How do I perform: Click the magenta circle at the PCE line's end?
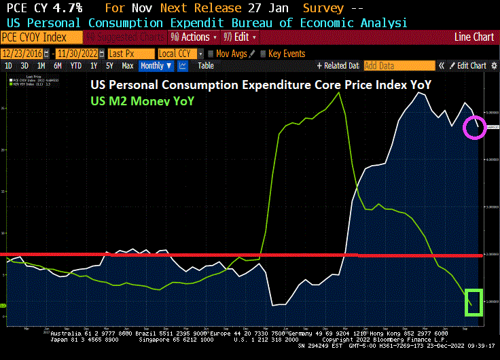pos(474,127)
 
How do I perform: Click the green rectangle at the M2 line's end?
pos(474,302)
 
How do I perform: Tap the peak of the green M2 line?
pos(339,92)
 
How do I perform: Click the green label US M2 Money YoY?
pos(142,101)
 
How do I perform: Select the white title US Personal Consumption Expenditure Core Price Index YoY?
pos(261,85)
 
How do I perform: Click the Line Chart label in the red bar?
pos(474,37)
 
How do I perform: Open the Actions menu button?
pos(193,37)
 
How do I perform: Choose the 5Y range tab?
pos(109,66)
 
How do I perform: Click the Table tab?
pos(205,66)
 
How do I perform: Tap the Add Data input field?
pos(399,66)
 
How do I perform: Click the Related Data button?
pos(338,66)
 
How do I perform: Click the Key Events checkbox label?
pos(283,53)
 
